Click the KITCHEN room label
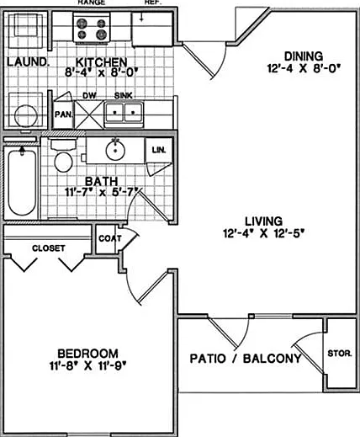click(x=101, y=61)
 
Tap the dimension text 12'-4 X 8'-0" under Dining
click(x=304, y=68)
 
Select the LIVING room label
click(x=264, y=221)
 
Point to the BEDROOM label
click(x=87, y=353)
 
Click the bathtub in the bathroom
click(x=22, y=182)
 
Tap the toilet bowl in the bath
click(x=63, y=162)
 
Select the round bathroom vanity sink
click(x=115, y=151)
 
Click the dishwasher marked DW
click(x=89, y=115)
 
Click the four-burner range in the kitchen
click(x=92, y=28)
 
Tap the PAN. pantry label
click(x=64, y=115)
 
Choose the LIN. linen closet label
click(x=159, y=150)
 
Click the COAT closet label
click(x=110, y=238)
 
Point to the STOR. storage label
click(x=340, y=354)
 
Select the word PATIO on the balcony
click(x=208, y=359)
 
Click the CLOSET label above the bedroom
click(x=49, y=248)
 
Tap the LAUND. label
click(x=27, y=62)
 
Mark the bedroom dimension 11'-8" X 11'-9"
click(x=87, y=365)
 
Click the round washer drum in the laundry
click(x=25, y=116)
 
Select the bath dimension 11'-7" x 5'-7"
click(x=102, y=192)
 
